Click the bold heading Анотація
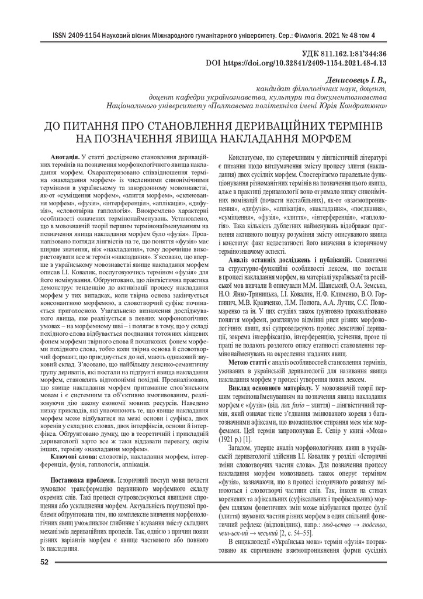65,159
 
